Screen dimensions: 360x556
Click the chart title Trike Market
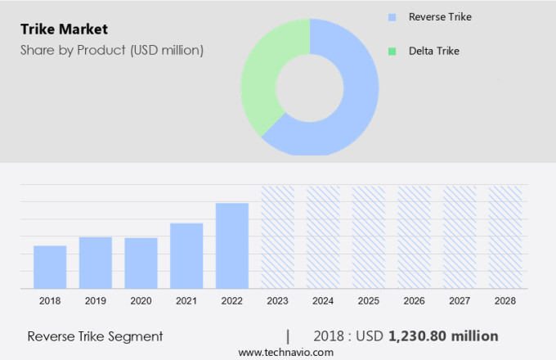[64, 30]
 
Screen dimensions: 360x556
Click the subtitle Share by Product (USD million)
[112, 50]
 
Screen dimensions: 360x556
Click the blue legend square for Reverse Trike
[392, 16]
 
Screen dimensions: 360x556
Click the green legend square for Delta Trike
[392, 51]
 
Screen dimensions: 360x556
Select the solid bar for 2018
[50, 267]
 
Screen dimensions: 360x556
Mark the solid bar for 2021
[186, 255]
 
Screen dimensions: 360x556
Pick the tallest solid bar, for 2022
[232, 245]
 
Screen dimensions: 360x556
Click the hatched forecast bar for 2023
[277, 236]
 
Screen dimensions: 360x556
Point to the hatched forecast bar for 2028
[505, 236]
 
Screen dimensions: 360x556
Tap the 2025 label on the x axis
[369, 301]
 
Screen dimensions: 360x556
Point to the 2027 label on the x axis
[460, 301]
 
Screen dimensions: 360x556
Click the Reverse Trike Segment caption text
[95, 336]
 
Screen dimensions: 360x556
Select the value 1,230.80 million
[443, 336]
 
